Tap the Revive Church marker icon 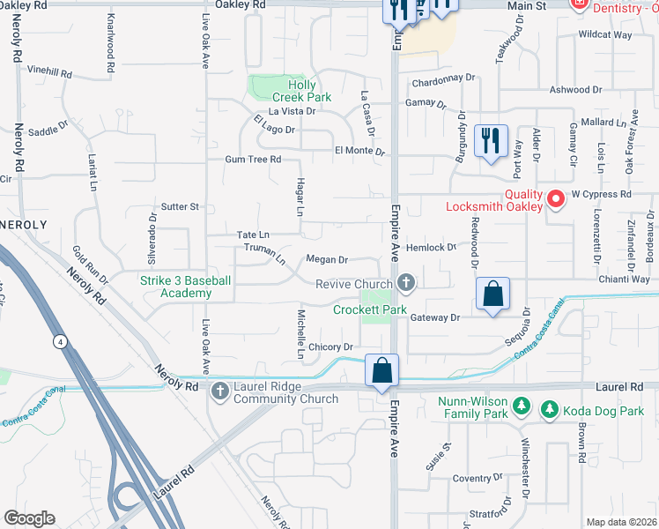coord(405,283)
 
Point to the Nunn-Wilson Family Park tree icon coord(522,406)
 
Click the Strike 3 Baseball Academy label coord(186,287)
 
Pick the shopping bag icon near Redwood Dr coord(493,294)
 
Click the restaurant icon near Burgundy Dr coord(488,140)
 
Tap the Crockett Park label coord(370,309)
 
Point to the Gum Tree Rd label coord(253,160)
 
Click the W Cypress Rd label coord(602,193)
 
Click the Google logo coord(30,518)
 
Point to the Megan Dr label coord(326,260)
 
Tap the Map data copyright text coord(620,522)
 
